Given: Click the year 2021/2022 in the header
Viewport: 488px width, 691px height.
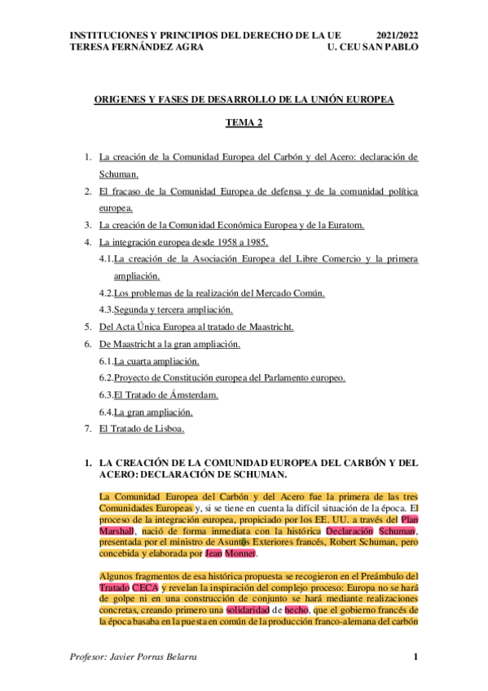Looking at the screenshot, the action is click(x=398, y=36).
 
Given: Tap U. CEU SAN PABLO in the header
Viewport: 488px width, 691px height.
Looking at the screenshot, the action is click(x=371, y=47).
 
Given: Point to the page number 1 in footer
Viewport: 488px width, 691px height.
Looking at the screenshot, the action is click(x=415, y=657).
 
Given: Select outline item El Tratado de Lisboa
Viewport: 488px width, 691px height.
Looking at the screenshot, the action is click(x=142, y=428).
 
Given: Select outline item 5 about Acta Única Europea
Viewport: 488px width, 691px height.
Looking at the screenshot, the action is click(x=196, y=327).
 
